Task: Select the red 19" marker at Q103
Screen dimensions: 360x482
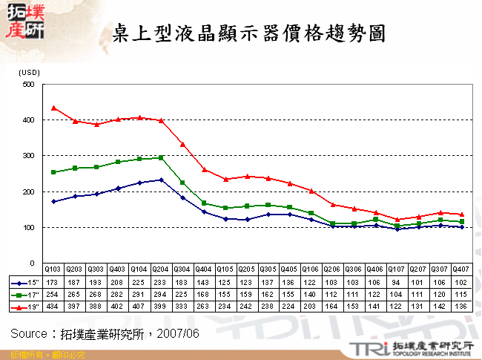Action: tap(53, 108)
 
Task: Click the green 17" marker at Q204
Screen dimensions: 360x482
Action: tap(161, 158)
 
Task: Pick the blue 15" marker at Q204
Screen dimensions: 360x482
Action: tap(161, 180)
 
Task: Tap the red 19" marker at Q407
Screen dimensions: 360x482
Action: tap(461, 215)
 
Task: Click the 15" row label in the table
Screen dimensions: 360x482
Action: tap(27, 283)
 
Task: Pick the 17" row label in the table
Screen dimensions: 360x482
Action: tap(27, 295)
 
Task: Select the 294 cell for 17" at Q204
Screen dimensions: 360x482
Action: tap(161, 295)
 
